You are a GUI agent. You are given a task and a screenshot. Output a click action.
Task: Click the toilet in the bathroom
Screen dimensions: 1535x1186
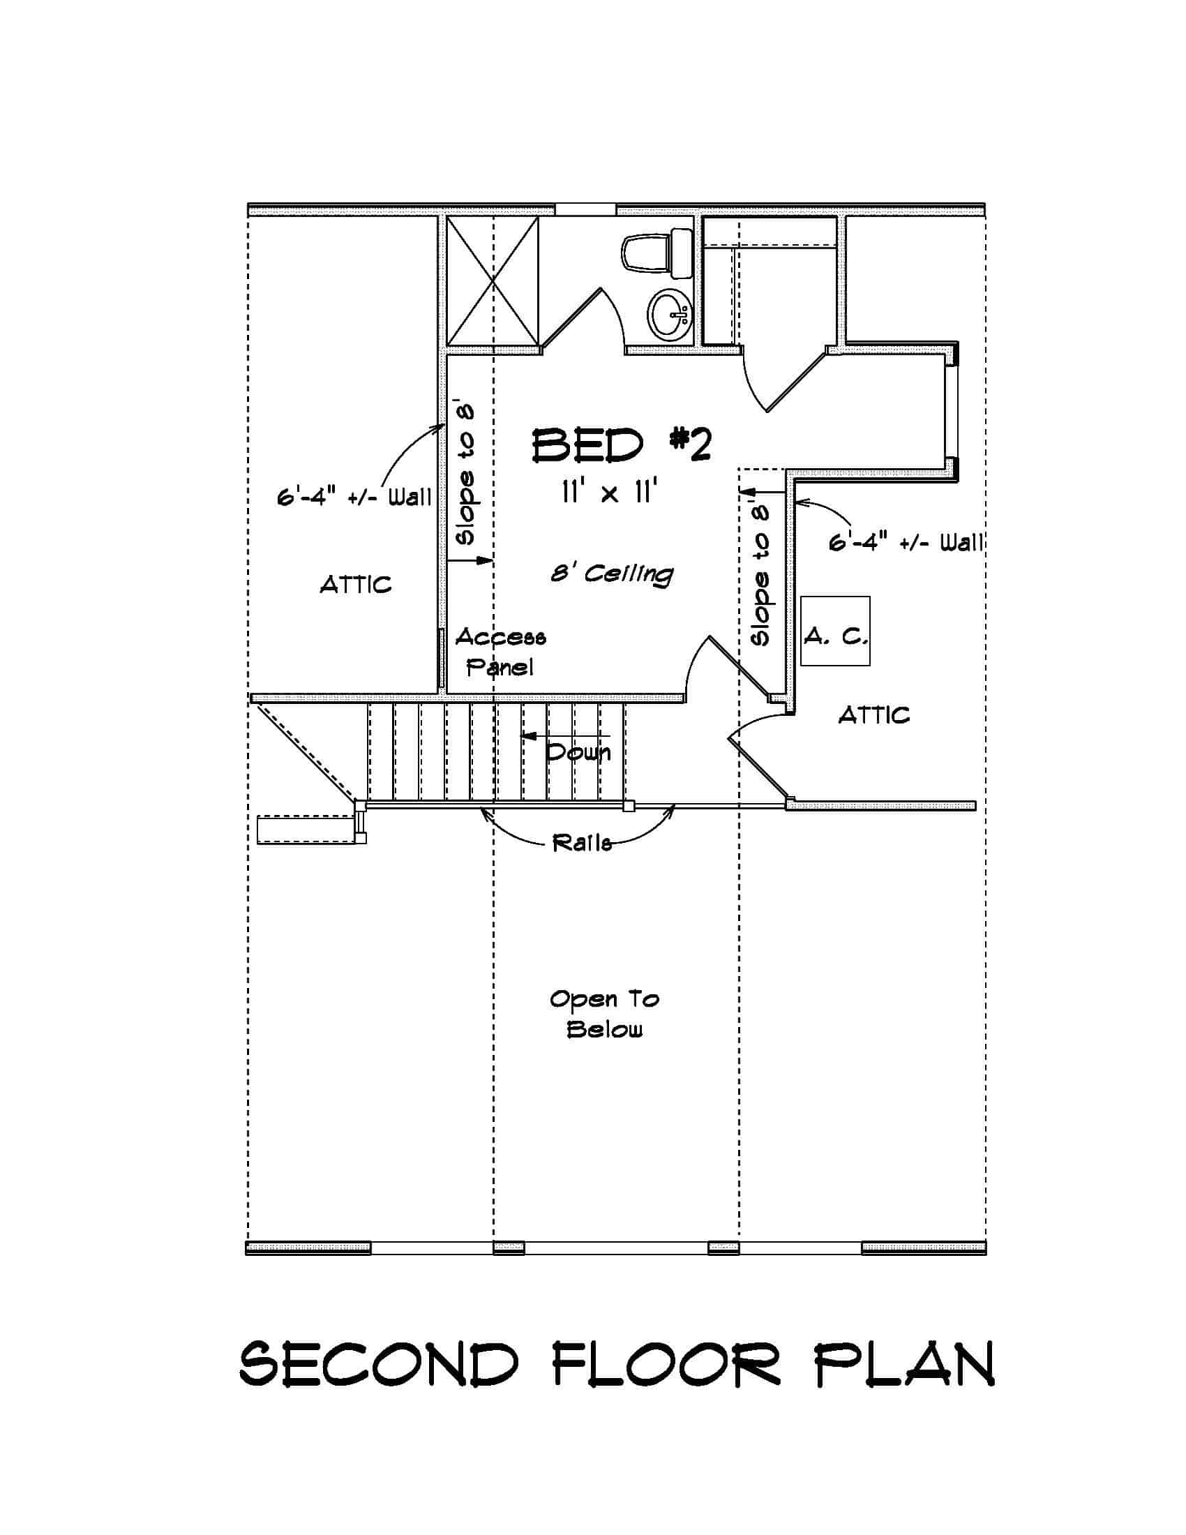(x=656, y=254)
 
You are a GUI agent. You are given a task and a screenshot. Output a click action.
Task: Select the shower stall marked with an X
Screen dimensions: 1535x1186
(x=493, y=281)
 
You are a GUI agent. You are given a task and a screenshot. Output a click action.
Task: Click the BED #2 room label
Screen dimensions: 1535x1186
(x=621, y=447)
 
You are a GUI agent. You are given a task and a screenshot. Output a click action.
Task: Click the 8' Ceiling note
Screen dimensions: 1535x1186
(x=611, y=574)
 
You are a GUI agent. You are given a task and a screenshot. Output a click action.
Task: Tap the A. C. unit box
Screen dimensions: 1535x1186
(x=835, y=631)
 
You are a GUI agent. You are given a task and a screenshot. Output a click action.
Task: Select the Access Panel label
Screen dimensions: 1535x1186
(x=500, y=652)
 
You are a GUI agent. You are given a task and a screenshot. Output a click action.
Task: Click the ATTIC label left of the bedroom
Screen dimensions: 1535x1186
(x=356, y=585)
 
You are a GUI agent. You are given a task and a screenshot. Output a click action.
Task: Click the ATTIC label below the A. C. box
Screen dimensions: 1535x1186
(x=874, y=715)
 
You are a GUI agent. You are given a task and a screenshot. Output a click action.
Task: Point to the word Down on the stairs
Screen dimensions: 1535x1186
(x=578, y=753)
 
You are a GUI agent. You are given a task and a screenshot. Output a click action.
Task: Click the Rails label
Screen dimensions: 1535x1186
(x=582, y=843)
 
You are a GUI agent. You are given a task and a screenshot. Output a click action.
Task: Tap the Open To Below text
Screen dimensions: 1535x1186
(x=604, y=1014)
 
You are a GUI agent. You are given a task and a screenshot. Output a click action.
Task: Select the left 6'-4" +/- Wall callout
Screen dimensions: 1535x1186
(x=354, y=497)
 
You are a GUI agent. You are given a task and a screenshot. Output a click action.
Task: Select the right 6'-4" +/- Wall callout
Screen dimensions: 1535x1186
(x=906, y=543)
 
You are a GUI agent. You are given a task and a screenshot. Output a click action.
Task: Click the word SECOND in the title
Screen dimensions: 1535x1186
(x=380, y=1364)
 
